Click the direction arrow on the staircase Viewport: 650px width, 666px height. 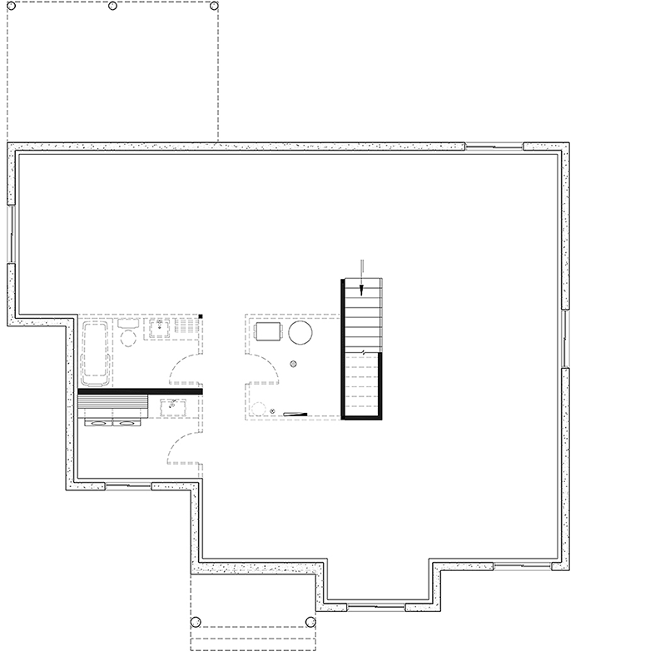(363, 288)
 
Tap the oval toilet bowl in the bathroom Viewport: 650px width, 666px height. (128, 339)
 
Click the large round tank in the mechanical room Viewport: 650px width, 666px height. (300, 334)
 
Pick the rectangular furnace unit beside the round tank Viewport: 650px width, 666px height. (267, 332)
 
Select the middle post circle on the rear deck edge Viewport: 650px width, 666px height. (113, 5)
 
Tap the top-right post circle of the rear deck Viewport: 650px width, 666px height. (216, 5)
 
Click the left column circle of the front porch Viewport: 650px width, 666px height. (196, 621)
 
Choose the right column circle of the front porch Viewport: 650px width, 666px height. (311, 621)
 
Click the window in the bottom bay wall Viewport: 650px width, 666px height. (375, 604)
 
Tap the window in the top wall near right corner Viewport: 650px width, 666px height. (494, 147)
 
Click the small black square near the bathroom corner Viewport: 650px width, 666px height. (201, 316)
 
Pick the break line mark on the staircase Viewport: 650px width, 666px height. (363, 353)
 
